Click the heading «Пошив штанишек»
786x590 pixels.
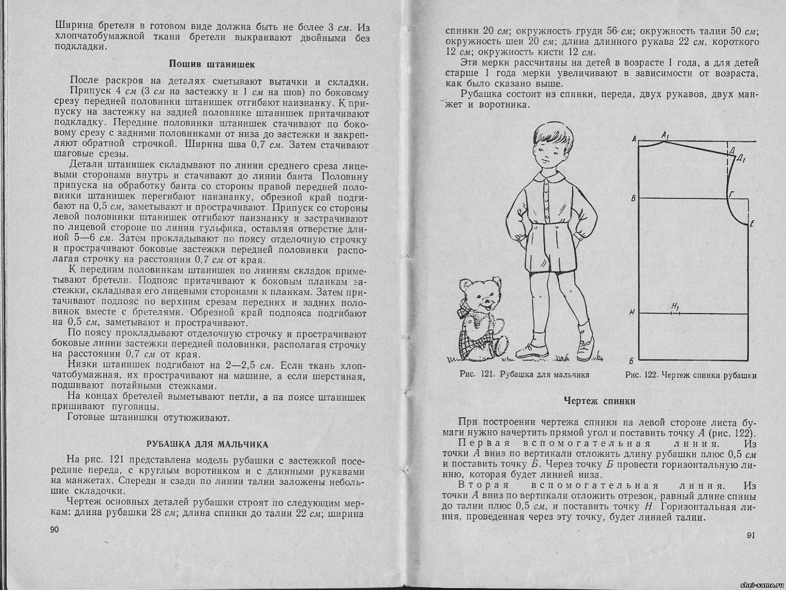[x=212, y=64]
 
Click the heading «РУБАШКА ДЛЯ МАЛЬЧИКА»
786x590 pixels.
[x=208, y=444]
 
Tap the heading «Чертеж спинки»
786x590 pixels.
[x=599, y=401]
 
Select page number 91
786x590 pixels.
[x=750, y=535]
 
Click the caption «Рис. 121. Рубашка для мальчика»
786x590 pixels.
[x=524, y=375]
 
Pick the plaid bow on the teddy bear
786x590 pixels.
[x=469, y=313]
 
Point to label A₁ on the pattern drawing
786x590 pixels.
[x=666, y=134]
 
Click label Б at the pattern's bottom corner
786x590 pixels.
[x=633, y=360]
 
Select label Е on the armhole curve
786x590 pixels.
[x=752, y=224]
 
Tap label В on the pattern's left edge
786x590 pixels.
[x=633, y=198]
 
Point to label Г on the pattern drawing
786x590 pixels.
[x=731, y=194]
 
